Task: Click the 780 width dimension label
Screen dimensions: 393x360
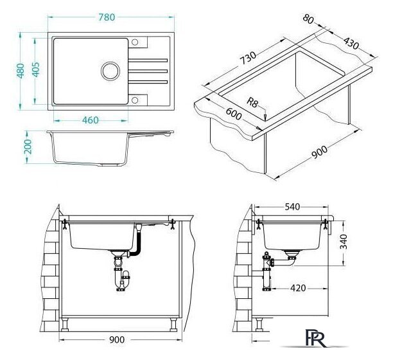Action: (x=107, y=17)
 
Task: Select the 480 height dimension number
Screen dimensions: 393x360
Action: (x=21, y=71)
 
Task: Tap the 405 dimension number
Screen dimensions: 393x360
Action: (x=36, y=69)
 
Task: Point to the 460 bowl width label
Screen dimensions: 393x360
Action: (x=91, y=120)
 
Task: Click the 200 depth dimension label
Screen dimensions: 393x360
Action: (x=28, y=147)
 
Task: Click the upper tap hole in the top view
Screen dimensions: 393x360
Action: (x=135, y=42)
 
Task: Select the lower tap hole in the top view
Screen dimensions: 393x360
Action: (x=135, y=100)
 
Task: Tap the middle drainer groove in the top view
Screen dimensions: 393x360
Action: (x=148, y=71)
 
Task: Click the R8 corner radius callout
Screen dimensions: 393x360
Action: (x=252, y=103)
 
